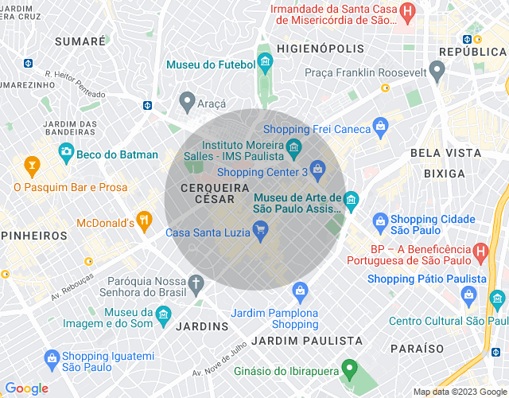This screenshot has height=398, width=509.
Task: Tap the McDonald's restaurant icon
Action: tap(144, 220)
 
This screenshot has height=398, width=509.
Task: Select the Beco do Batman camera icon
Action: tap(66, 151)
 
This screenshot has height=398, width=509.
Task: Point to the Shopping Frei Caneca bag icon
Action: tap(381, 126)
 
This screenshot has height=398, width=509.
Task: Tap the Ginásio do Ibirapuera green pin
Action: tap(348, 369)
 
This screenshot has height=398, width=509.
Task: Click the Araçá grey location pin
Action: tap(187, 101)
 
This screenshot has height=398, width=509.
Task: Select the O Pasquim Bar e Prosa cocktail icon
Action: tap(32, 166)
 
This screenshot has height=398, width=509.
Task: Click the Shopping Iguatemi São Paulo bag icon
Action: tap(52, 358)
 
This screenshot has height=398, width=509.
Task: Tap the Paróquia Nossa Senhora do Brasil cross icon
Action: tap(196, 283)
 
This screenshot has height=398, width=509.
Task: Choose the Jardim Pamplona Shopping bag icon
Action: tap(300, 291)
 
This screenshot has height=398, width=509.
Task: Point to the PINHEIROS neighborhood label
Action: tap(33, 236)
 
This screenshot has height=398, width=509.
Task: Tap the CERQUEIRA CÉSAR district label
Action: tap(208, 193)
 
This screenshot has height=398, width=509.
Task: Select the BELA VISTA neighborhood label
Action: tap(445, 152)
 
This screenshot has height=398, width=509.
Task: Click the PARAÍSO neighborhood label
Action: tap(418, 349)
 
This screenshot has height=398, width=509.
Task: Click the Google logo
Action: tap(26, 388)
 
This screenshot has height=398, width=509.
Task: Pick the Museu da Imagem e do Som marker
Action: tap(162, 314)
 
